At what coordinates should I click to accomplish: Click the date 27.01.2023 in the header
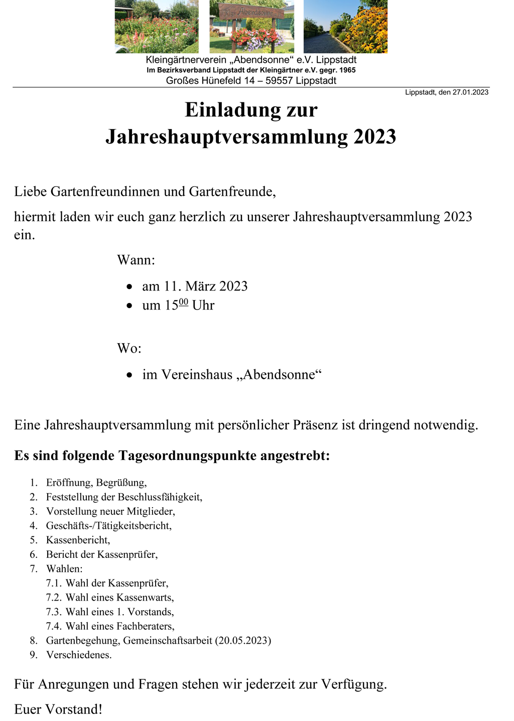click(x=470, y=92)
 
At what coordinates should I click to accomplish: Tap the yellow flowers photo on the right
click(x=345, y=26)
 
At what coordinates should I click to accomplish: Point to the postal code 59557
click(x=279, y=81)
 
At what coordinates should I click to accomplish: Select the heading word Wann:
click(x=136, y=260)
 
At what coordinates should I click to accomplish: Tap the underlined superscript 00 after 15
click(x=183, y=302)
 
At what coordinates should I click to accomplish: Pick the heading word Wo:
click(x=129, y=349)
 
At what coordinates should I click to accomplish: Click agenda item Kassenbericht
click(x=77, y=540)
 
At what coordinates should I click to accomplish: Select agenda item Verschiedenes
click(x=78, y=655)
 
